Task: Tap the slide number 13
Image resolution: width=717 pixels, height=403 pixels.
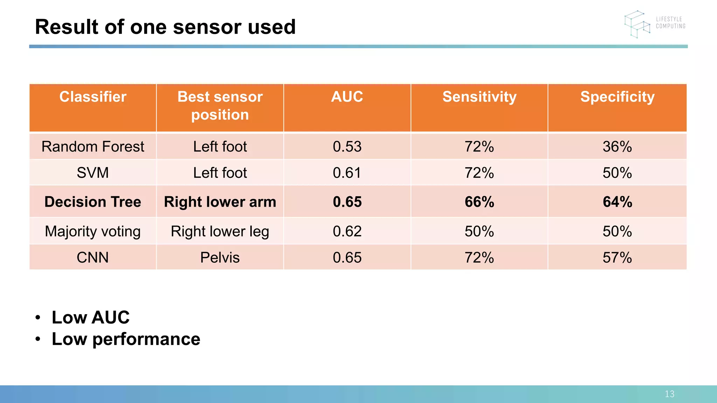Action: (669, 394)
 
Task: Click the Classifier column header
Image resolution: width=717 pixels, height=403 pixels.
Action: (93, 97)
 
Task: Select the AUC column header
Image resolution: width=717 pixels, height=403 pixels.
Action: (347, 97)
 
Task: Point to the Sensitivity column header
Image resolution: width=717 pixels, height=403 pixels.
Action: (479, 97)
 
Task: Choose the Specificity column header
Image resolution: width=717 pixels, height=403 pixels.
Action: (617, 97)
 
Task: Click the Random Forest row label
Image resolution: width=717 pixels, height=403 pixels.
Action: (93, 147)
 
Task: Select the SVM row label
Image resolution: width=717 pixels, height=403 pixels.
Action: (93, 173)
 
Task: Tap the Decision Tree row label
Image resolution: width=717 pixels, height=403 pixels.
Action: (93, 202)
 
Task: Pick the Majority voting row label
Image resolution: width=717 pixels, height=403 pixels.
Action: (93, 232)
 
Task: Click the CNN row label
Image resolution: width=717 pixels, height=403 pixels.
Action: (93, 258)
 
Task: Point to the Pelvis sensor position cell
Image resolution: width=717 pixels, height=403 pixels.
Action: (220, 258)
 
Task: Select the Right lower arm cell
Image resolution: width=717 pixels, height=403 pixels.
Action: (220, 202)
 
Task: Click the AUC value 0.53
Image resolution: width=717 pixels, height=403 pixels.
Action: (347, 147)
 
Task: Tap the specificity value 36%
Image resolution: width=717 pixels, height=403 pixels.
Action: (617, 147)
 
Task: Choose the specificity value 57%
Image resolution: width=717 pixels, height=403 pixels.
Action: (617, 258)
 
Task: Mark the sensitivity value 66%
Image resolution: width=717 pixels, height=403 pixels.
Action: (479, 202)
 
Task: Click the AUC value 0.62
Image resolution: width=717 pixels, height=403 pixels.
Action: (347, 232)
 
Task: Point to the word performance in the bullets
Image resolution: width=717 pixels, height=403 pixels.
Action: (146, 339)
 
